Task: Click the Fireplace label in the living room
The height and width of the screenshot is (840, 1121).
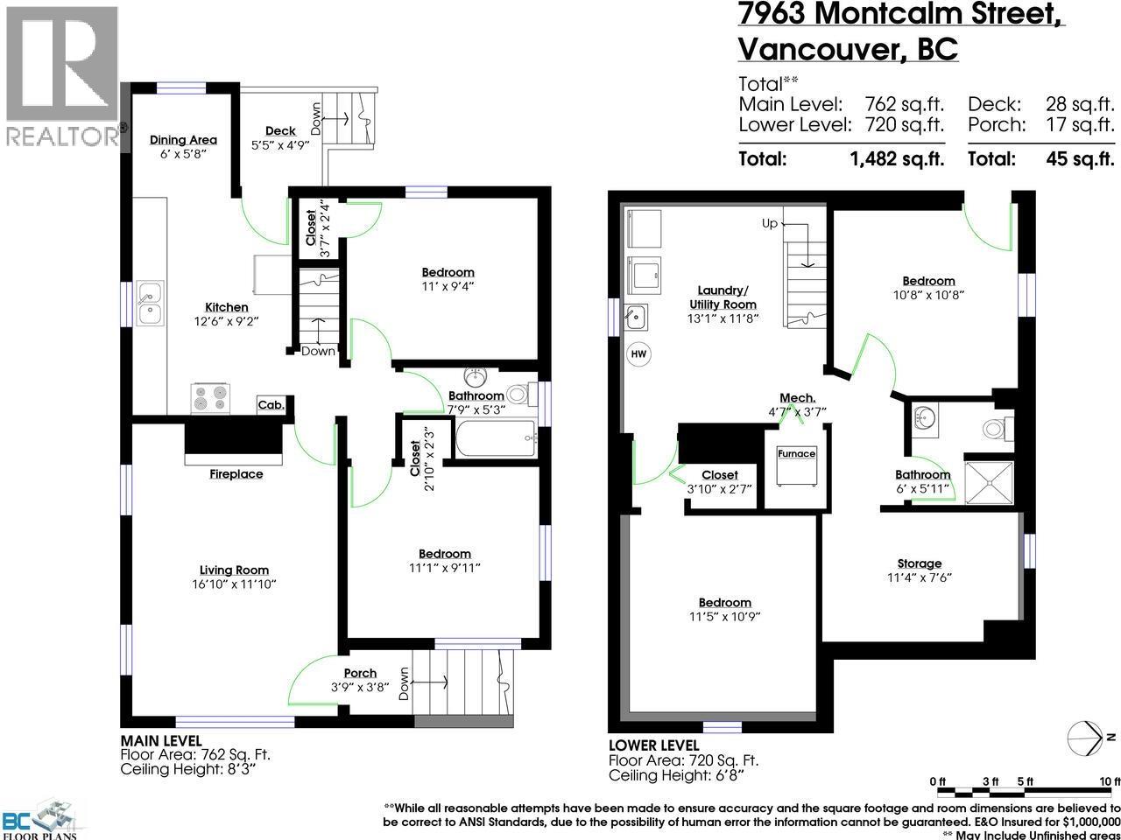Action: click(236, 474)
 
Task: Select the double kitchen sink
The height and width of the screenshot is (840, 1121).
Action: click(149, 303)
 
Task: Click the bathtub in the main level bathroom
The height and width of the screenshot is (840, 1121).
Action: click(495, 437)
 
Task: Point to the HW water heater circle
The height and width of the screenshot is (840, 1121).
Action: click(638, 353)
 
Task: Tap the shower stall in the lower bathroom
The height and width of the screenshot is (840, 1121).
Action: click(988, 482)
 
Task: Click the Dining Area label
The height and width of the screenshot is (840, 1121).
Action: click(183, 140)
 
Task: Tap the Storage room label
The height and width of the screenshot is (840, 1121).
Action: click(919, 563)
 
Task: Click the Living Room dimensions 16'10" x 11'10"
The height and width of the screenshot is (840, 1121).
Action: click(233, 584)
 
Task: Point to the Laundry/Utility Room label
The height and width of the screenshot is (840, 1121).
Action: click(723, 297)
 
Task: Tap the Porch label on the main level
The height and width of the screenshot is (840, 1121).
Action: click(360, 673)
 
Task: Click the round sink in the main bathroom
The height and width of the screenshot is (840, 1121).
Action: click(476, 378)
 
